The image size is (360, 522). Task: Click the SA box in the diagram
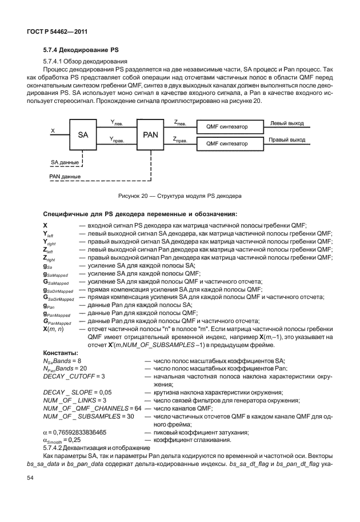pyautogui.click(x=82, y=134)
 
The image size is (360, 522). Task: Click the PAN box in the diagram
pyautogui.click(x=150, y=134)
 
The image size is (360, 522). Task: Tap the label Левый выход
pyautogui.click(x=287, y=123)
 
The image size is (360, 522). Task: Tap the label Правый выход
pyautogui.click(x=287, y=140)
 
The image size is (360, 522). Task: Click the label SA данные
pyautogui.click(x=63, y=162)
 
